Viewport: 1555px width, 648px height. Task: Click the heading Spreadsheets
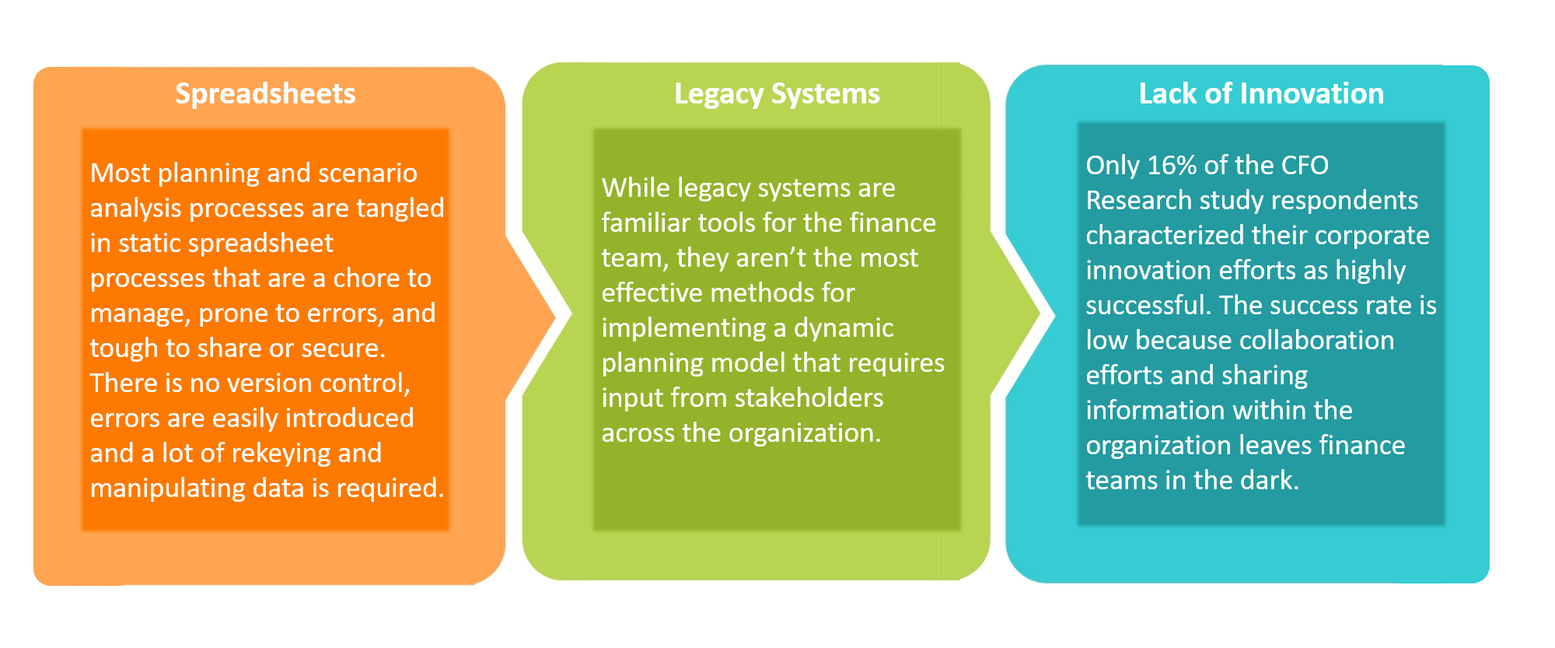265,94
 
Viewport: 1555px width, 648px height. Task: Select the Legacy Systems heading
777,94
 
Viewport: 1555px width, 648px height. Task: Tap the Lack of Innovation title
1261,93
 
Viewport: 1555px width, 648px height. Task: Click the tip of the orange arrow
556,316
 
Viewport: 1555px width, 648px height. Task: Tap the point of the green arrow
1040,316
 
